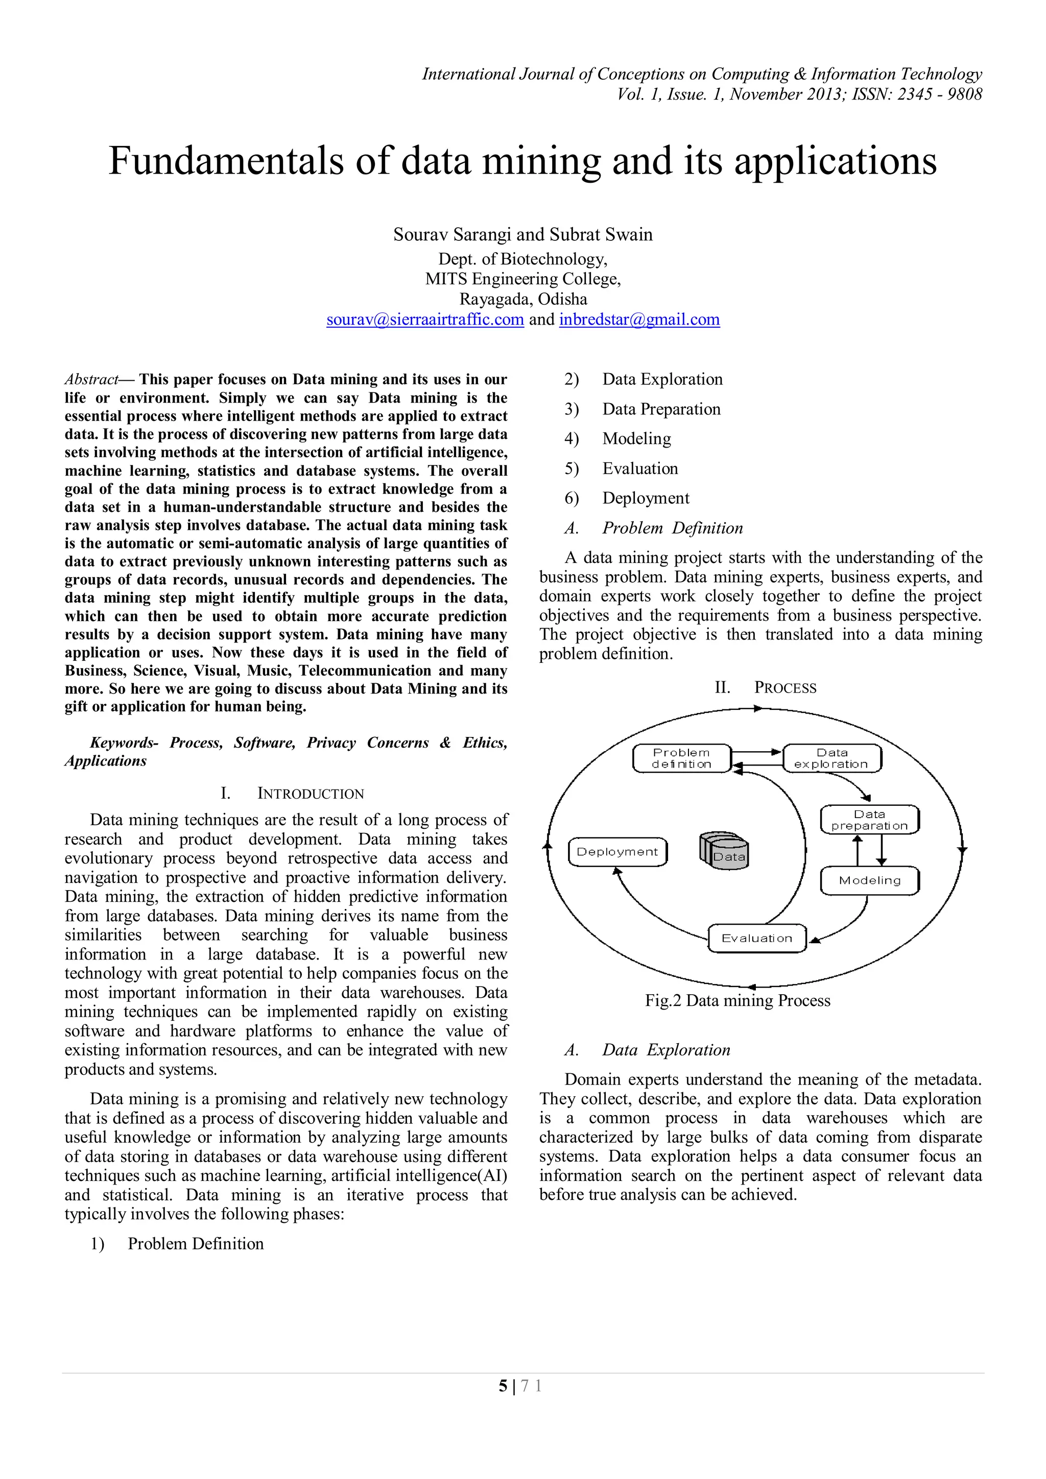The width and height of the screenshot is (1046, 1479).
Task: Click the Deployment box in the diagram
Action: tap(617, 852)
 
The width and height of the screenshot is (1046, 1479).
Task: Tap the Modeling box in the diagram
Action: tap(869, 880)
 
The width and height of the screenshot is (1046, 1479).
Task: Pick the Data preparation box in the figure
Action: tap(869, 820)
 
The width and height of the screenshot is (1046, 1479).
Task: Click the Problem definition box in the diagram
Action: tap(681, 758)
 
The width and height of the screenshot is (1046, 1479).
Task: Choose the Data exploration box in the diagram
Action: tap(831, 758)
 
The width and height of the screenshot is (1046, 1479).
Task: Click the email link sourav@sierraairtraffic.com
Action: tap(425, 319)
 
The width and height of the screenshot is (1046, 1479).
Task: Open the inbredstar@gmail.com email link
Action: tap(639, 319)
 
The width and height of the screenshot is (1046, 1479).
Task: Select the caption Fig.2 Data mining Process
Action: tap(738, 1000)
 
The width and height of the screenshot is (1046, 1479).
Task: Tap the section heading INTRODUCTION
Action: tap(310, 794)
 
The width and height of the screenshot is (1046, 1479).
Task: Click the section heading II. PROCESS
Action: tap(765, 687)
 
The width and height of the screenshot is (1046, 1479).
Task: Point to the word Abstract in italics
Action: tap(91, 379)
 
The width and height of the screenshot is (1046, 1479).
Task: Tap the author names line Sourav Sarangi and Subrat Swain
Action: tap(522, 234)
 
